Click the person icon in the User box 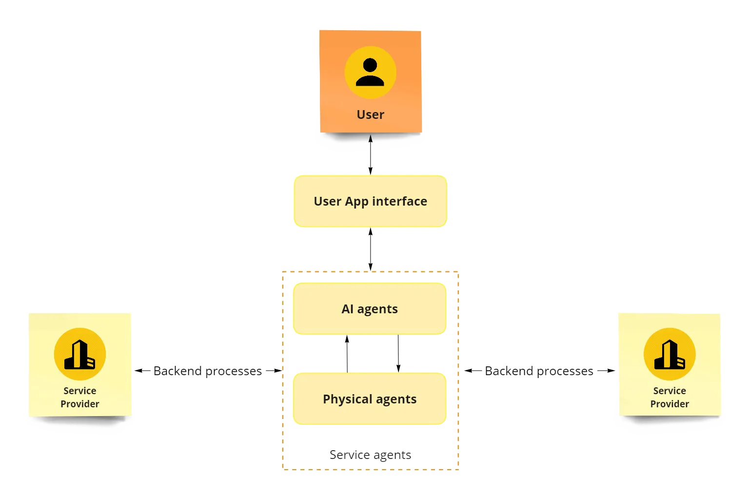(370, 72)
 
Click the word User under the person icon (370, 115)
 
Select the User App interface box (370, 215)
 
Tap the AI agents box (370, 322)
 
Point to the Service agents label (371, 455)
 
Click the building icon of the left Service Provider (80, 354)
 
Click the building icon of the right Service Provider (670, 354)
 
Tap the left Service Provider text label (80, 397)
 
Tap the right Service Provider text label (670, 397)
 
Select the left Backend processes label (208, 371)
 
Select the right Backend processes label (539, 371)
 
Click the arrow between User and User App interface (371, 154)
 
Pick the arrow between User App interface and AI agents (371, 249)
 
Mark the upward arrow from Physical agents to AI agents (347, 354)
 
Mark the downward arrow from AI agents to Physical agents (399, 354)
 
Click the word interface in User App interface (399, 201)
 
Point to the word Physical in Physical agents (348, 400)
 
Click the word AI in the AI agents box (347, 309)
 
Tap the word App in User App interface (356, 201)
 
